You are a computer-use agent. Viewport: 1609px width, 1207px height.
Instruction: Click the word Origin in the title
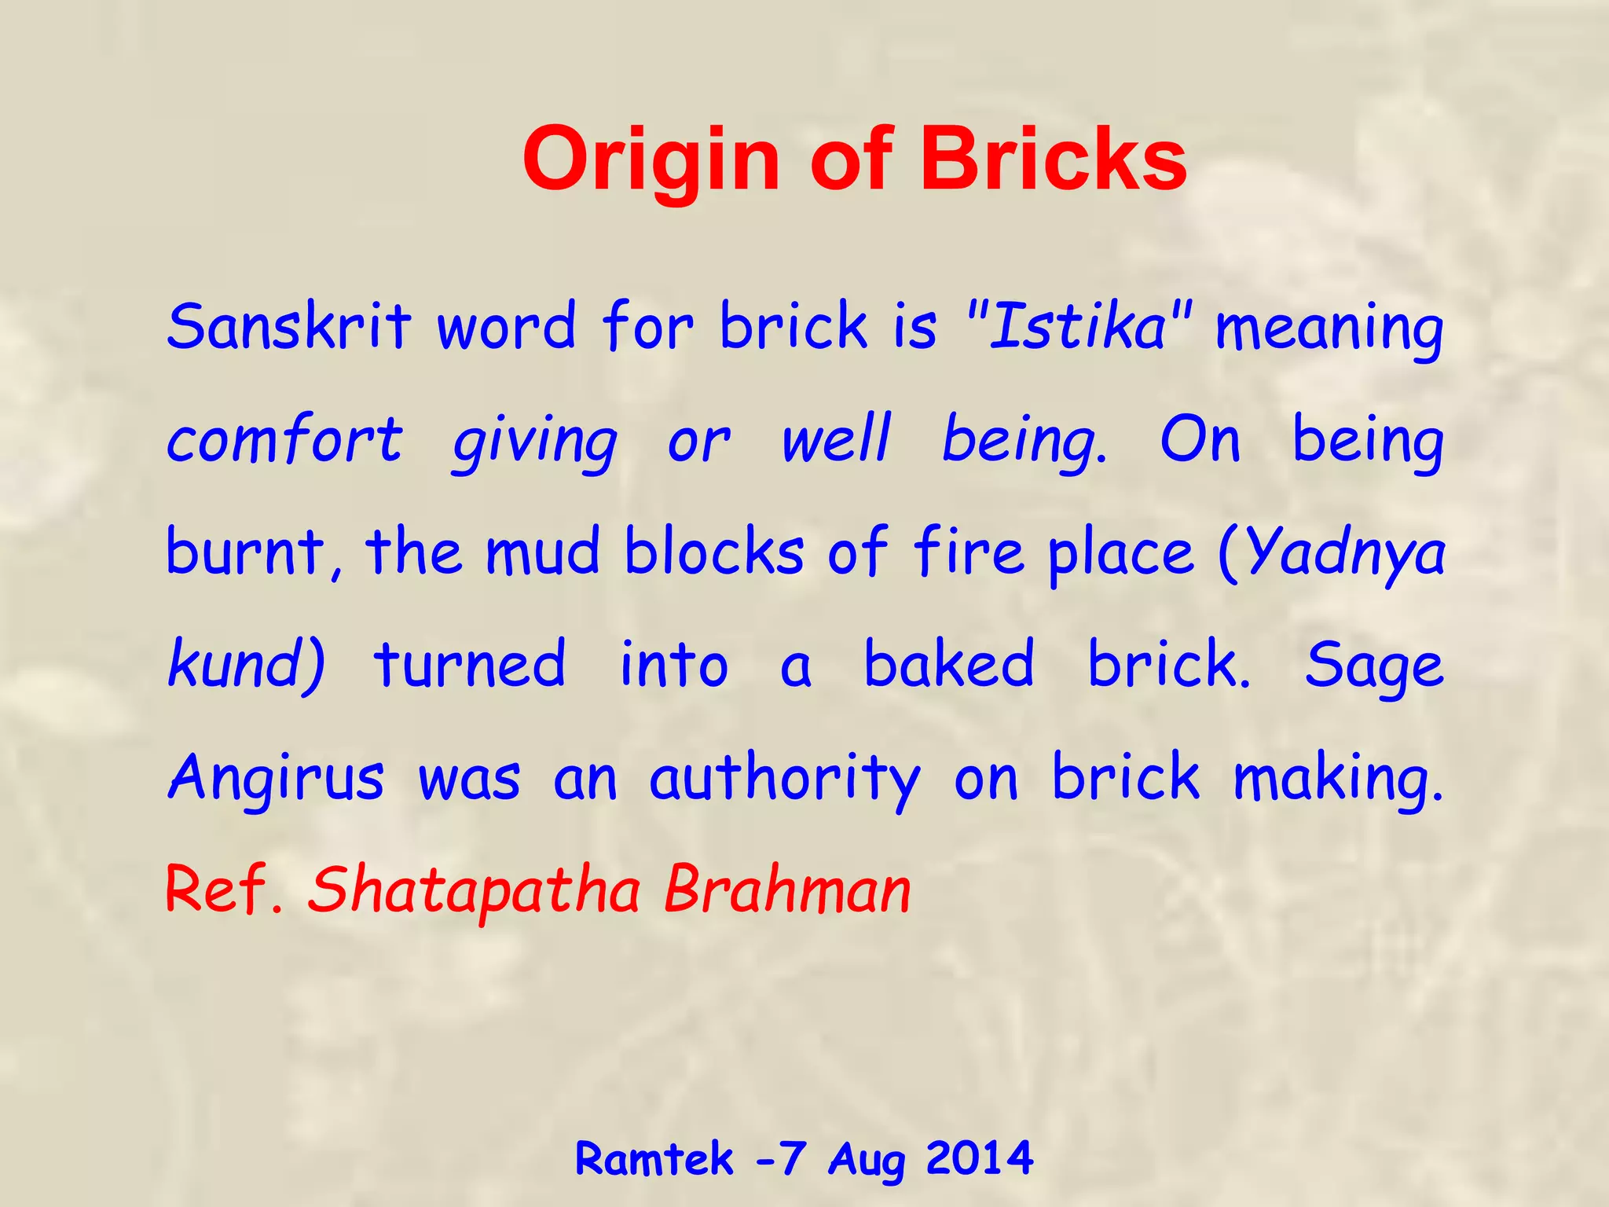tap(651, 161)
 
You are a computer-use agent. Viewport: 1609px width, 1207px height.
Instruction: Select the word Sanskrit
tap(288, 326)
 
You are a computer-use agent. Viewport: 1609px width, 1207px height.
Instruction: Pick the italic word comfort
tap(284, 440)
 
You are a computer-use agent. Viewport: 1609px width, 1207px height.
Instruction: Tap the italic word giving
tap(534, 444)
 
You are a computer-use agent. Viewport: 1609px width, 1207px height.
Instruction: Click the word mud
tap(543, 552)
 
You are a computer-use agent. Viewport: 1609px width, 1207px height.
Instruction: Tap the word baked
tap(949, 664)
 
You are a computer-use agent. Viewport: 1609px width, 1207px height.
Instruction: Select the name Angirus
tap(277, 778)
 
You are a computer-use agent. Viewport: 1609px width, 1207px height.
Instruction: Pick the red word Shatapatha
tap(475, 890)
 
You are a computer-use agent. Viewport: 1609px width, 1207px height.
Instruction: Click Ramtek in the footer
tap(654, 1158)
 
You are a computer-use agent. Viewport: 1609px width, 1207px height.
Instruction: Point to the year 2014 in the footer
tap(979, 1157)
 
